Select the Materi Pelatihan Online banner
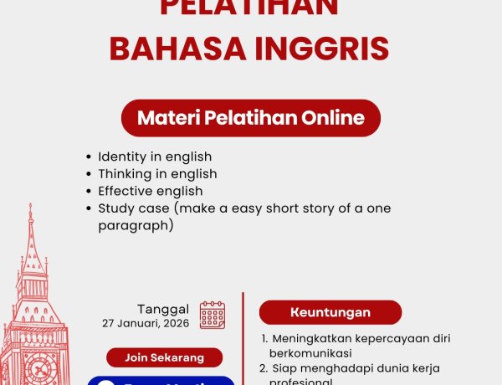point(251,118)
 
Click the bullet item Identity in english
point(155,157)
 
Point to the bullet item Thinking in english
point(157,174)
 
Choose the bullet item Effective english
point(150,191)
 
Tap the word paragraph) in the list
point(136,225)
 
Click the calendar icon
point(213,315)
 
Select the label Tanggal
point(163,309)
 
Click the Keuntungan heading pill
point(330,312)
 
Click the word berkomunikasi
point(311,353)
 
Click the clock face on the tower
point(38,367)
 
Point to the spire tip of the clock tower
point(30,206)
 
